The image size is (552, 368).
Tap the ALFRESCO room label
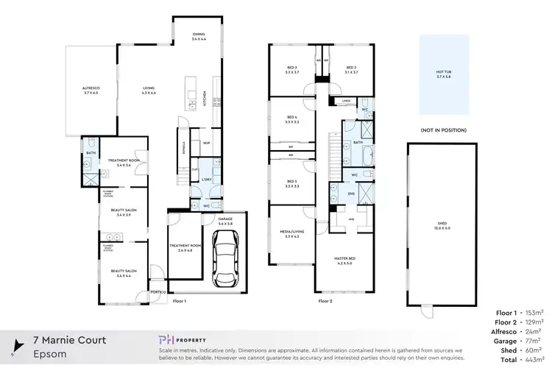tap(90, 89)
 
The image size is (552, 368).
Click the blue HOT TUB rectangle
tap(444, 74)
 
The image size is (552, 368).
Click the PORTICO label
tap(157, 293)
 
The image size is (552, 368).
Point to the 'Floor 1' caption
tap(180, 301)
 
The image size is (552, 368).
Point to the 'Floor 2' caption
tap(326, 301)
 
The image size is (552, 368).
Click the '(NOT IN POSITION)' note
tap(443, 130)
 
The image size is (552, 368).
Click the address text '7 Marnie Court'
tap(70, 340)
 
